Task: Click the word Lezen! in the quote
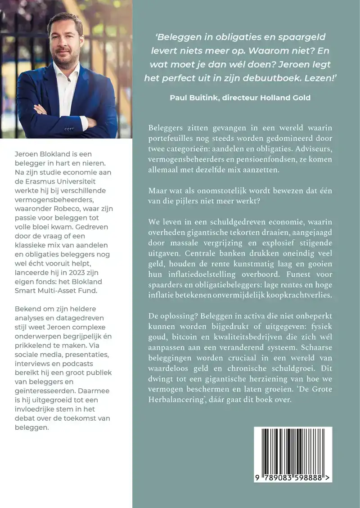[323, 77]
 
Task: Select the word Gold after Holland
[300, 98]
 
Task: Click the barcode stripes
[292, 450]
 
